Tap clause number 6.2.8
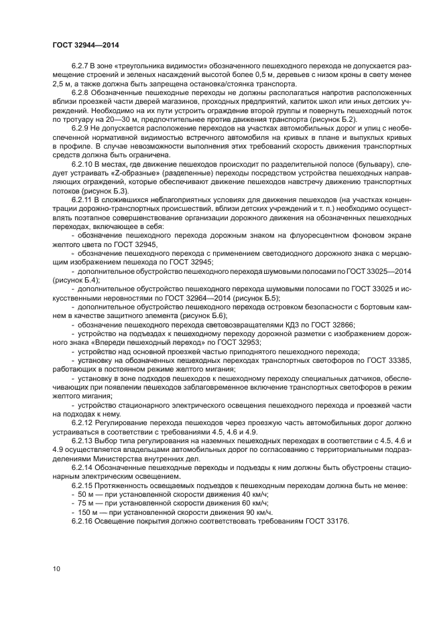[80, 94]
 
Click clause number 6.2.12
[82, 424]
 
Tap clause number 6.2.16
[82, 520]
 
